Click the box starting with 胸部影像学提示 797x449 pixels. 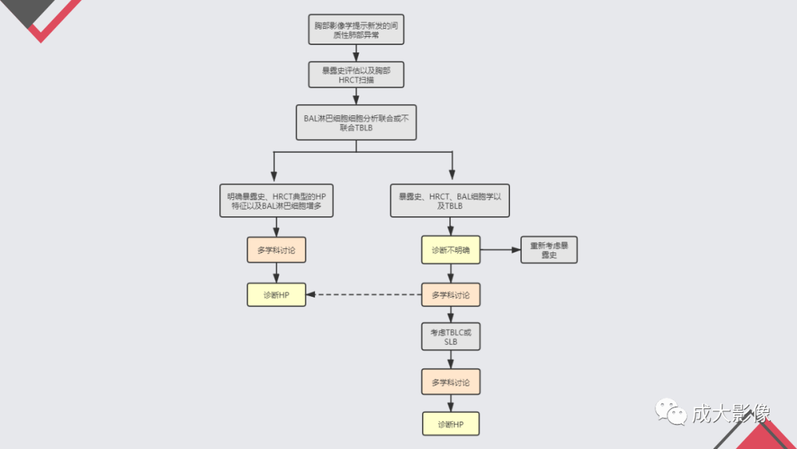tap(356, 30)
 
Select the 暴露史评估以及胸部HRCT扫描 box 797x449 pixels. tap(356, 75)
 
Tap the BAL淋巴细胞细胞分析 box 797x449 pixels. tap(356, 123)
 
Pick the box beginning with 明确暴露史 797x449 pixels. tap(277, 201)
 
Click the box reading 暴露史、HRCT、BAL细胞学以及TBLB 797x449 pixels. tap(450, 201)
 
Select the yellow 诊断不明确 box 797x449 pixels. tap(451, 250)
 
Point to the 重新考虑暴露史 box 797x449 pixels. tap(549, 250)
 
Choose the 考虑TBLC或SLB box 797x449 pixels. tap(451, 337)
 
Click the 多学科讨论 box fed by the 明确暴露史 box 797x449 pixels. tap(277, 250)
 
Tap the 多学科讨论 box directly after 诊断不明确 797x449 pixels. tap(451, 295)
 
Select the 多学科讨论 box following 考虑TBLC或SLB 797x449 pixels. tap(451, 382)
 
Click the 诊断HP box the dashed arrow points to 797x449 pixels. tap(277, 295)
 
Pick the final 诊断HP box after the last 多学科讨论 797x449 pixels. tap(451, 424)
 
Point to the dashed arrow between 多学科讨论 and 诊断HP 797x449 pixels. tap(363, 295)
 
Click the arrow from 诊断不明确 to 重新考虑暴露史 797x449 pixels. tap(500, 250)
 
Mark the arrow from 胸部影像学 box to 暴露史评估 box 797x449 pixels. tap(356, 53)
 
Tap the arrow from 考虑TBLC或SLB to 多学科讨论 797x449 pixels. tap(451, 360)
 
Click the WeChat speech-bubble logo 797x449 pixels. tap(671, 411)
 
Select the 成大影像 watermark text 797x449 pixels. tap(731, 413)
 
